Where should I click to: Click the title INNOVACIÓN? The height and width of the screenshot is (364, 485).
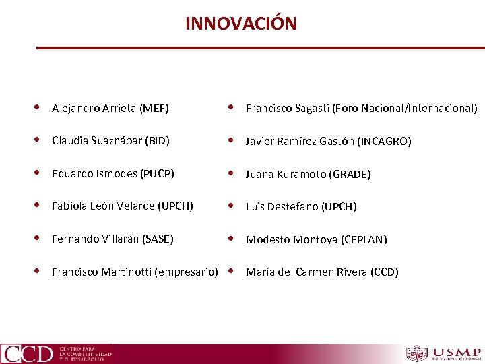click(240, 24)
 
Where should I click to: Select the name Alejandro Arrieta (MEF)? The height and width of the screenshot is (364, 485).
click(110, 108)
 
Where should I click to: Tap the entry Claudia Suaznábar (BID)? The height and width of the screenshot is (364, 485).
click(110, 141)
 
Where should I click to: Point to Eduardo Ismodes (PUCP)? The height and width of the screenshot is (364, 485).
click(112, 174)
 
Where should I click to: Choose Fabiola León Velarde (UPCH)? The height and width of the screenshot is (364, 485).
click(122, 206)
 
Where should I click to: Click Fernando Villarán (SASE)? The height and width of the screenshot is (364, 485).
click(112, 239)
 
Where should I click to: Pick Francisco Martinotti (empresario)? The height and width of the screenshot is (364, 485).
click(135, 272)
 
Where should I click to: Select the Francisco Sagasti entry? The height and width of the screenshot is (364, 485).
click(361, 108)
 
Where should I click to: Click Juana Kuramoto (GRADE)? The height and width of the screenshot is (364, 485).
click(308, 174)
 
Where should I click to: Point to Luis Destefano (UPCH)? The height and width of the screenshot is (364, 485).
click(301, 206)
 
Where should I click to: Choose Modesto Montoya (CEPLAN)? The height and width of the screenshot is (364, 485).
click(316, 239)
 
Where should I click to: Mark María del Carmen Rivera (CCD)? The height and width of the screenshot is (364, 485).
click(322, 272)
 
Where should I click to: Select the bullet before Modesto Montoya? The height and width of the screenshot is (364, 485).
click(231, 239)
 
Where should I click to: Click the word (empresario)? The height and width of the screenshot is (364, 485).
click(186, 272)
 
